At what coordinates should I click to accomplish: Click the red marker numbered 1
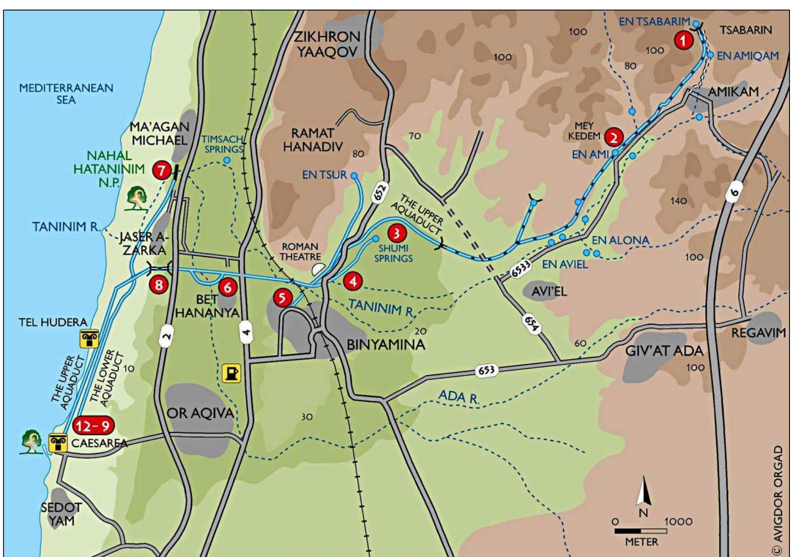point(684,40)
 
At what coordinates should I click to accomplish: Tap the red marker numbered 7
point(162,170)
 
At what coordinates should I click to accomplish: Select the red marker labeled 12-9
point(93,426)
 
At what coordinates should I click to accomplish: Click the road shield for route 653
point(487,370)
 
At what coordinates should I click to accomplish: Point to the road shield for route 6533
point(521,269)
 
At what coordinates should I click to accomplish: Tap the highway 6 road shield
point(734,192)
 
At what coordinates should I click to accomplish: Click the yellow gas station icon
point(231,373)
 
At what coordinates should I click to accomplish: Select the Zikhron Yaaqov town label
point(327,44)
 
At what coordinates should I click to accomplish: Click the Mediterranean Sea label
point(66,93)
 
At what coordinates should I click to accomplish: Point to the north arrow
point(643,492)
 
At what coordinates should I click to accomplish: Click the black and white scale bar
point(640,531)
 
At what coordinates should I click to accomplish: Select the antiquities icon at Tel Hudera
point(89,339)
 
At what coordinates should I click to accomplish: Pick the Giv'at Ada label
point(664,350)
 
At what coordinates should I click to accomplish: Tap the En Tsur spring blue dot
point(354,175)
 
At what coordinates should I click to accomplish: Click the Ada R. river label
point(458,396)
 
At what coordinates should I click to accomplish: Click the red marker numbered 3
point(396,233)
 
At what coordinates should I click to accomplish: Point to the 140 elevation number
point(678,201)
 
